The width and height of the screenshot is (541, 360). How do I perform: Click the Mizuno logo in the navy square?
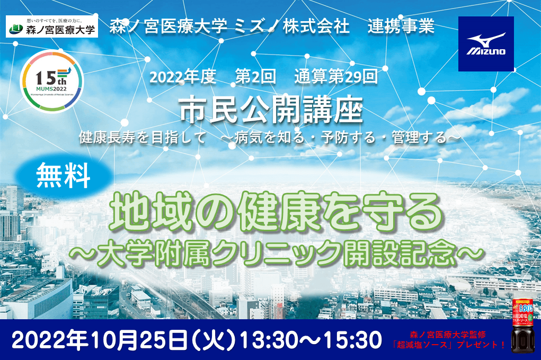tap(486, 44)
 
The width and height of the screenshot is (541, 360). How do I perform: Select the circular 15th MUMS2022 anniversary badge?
tap(51, 80)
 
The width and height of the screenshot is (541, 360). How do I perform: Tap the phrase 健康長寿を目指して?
tap(143, 137)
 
